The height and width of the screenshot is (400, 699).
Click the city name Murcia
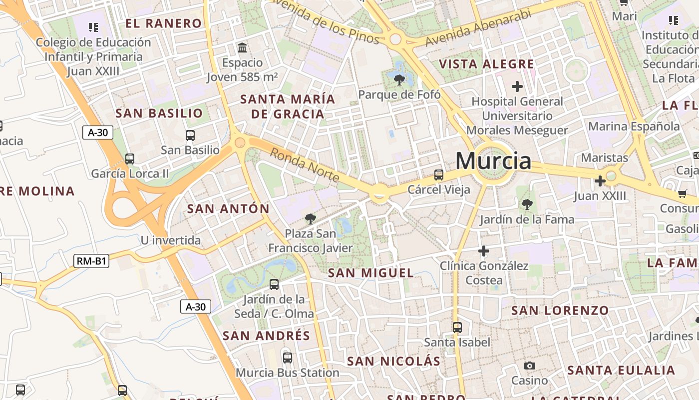click(493, 161)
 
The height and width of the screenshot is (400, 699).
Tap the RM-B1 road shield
click(92, 260)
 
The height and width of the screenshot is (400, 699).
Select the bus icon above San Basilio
click(190, 135)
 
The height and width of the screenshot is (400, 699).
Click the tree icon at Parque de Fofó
click(399, 79)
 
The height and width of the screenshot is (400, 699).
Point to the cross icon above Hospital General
click(517, 86)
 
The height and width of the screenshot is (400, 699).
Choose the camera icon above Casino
click(530, 365)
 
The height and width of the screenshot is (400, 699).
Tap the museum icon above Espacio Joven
click(242, 48)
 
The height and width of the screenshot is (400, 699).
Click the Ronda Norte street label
click(305, 165)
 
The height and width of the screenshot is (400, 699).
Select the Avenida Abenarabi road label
click(478, 28)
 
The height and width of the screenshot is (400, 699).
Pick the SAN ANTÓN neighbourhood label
click(228, 208)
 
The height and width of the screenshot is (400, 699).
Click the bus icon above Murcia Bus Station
click(287, 357)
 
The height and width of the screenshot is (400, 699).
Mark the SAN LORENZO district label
click(560, 310)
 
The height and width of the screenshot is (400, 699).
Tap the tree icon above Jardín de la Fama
click(527, 204)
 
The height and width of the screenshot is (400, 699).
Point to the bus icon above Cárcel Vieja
click(439, 174)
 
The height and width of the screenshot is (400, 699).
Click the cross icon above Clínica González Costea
click(483, 250)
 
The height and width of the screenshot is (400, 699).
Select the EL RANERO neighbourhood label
click(163, 23)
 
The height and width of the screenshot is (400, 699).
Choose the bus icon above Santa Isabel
click(457, 327)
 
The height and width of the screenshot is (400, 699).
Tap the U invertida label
click(171, 240)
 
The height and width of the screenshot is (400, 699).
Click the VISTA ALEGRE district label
click(486, 64)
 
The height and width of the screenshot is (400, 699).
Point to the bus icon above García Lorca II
click(130, 159)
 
